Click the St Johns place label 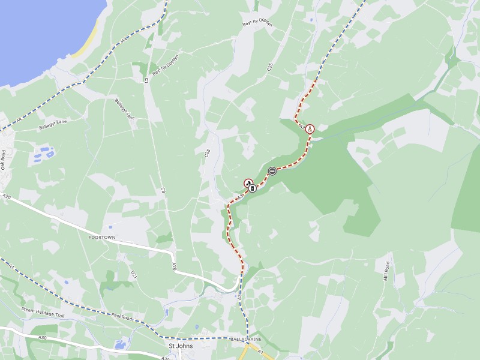pos(180,346)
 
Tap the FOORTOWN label pos(101,238)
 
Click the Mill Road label pos(387,270)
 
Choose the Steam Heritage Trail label pos(43,311)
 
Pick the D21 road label pos(133,275)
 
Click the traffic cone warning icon pos(310,128)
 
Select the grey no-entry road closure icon pos(272,171)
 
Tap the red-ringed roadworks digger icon pos(248,182)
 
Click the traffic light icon pos(253,188)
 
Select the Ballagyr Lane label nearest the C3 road pos(125,109)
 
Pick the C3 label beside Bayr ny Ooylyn pos(146,79)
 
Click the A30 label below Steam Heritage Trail pos(43,338)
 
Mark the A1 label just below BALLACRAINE pos(260,352)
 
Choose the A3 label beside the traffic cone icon pos(301,125)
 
